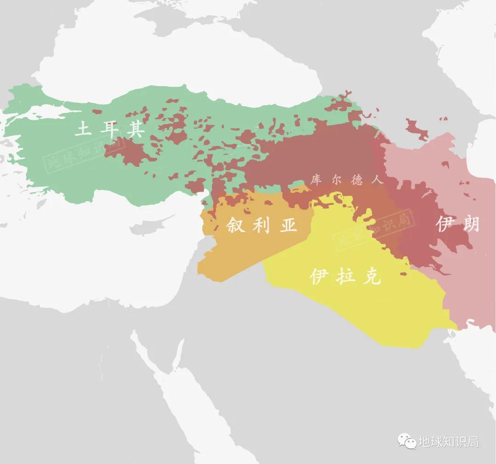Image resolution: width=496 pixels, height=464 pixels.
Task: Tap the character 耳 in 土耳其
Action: click(109, 129)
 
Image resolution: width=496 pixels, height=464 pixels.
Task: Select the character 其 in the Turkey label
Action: click(135, 129)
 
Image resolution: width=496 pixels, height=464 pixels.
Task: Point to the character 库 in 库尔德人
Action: click(316, 180)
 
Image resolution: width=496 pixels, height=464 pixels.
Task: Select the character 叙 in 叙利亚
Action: click(236, 225)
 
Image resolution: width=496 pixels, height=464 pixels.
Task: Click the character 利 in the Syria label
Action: click(262, 225)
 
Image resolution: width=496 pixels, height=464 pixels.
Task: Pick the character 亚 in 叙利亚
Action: click(288, 225)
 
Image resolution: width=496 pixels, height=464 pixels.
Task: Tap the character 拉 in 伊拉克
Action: click(345, 276)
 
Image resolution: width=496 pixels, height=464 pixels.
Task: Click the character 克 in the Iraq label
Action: click(372, 276)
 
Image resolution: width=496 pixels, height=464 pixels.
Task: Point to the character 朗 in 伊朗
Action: click(470, 224)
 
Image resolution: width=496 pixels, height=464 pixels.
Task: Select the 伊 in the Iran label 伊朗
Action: click(445, 224)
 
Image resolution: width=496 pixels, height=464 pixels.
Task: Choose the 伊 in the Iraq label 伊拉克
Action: click(320, 276)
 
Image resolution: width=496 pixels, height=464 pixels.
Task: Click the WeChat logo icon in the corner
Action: click(407, 441)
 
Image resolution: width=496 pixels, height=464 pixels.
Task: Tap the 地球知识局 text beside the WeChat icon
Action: click(449, 442)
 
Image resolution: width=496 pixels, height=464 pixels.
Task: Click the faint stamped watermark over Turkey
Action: click(83, 155)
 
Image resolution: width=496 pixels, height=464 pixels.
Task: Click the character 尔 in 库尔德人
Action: click(336, 180)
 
